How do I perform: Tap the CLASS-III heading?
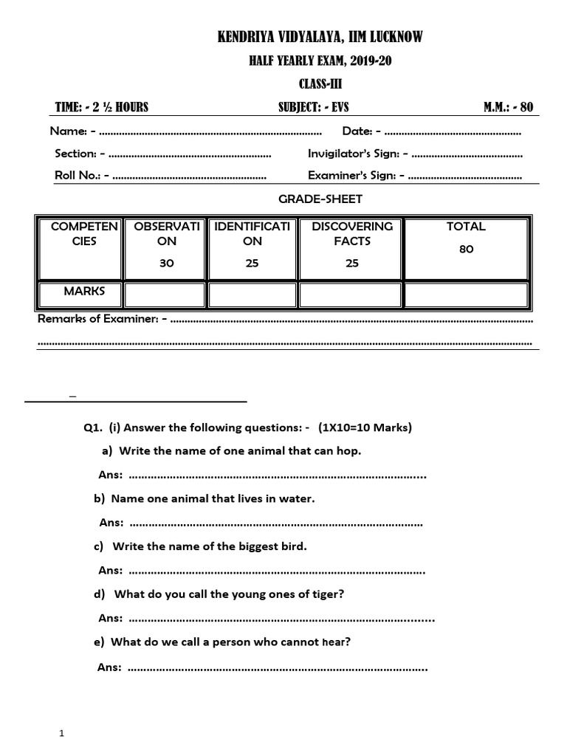pyautogui.click(x=320, y=84)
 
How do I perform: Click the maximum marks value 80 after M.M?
pyautogui.click(x=526, y=107)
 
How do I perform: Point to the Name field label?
pyautogui.click(x=68, y=131)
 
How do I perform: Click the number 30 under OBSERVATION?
pyautogui.click(x=167, y=264)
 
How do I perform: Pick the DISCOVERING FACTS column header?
pyautogui.click(x=352, y=233)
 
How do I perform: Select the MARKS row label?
pyautogui.click(x=84, y=291)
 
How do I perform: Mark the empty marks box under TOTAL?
pyautogui.click(x=466, y=295)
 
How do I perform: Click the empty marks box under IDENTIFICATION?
pyautogui.click(x=252, y=295)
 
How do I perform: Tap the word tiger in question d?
pyautogui.click(x=326, y=594)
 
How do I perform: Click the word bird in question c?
pyautogui.click(x=290, y=546)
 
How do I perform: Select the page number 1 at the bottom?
pyautogui.click(x=63, y=733)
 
